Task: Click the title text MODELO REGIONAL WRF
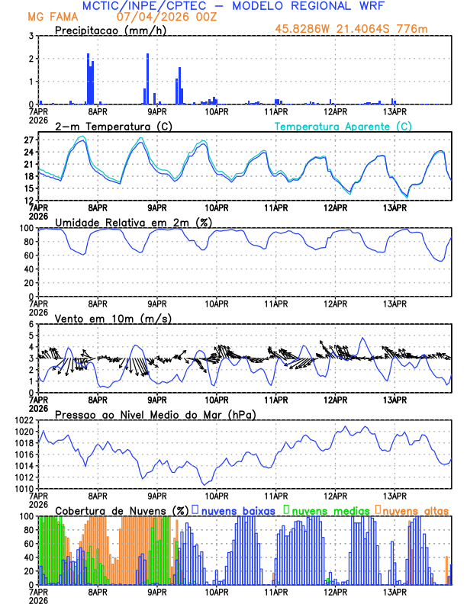tap(298, 6)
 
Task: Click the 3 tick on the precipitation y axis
tap(30, 36)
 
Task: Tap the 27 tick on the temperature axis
tap(27, 140)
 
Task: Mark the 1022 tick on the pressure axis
tap(23, 420)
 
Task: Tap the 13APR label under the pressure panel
tap(395, 495)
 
